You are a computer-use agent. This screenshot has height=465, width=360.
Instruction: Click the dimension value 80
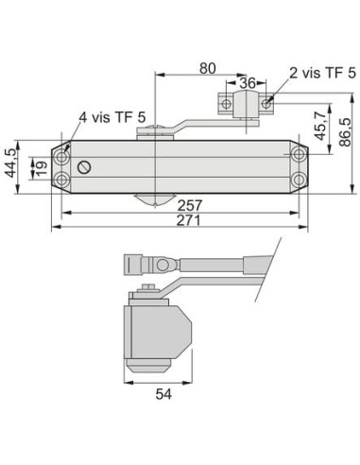coord(208,68)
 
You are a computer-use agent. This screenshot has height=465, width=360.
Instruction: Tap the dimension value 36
coord(248,83)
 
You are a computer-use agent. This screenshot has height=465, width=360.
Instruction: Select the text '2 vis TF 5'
coord(322,73)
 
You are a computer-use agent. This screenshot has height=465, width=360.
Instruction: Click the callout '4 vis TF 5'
coord(112,117)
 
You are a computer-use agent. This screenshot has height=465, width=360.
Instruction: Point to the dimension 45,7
coord(320,126)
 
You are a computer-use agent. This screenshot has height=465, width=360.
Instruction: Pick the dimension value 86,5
coord(345,132)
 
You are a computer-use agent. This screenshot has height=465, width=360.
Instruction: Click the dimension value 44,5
coord(11,164)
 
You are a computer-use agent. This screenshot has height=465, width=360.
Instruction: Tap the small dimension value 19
coord(41,168)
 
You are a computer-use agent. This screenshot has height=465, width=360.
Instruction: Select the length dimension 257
coord(190,206)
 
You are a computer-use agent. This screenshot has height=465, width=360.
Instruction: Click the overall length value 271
coord(188,220)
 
